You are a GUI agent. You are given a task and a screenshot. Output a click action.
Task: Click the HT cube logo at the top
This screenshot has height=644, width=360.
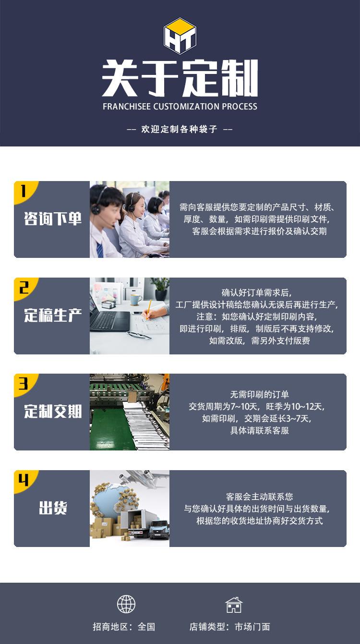[x=180, y=36]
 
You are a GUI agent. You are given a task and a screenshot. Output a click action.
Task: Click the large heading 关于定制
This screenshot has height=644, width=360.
[x=180, y=78]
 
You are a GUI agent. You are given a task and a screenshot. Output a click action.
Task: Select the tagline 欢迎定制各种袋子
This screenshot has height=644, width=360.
[x=180, y=129]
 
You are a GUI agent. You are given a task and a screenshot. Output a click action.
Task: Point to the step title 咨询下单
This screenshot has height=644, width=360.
[x=53, y=219]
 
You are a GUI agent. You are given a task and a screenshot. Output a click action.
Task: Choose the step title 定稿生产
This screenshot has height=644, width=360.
[x=53, y=316]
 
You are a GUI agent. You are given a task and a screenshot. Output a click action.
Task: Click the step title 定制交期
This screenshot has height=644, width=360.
[x=53, y=412]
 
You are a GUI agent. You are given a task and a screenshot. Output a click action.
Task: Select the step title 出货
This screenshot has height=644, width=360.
[x=53, y=508]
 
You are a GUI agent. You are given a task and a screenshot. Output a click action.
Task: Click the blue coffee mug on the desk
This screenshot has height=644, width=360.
[x=136, y=300]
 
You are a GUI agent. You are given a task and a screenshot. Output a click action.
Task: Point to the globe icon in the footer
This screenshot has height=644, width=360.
[x=126, y=604]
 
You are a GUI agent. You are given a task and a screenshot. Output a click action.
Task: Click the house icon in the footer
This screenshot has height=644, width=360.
[x=234, y=605]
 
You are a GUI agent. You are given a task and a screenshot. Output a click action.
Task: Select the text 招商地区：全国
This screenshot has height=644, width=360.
[x=124, y=627]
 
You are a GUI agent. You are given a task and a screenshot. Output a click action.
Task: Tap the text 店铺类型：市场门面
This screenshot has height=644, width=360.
[x=229, y=627]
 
